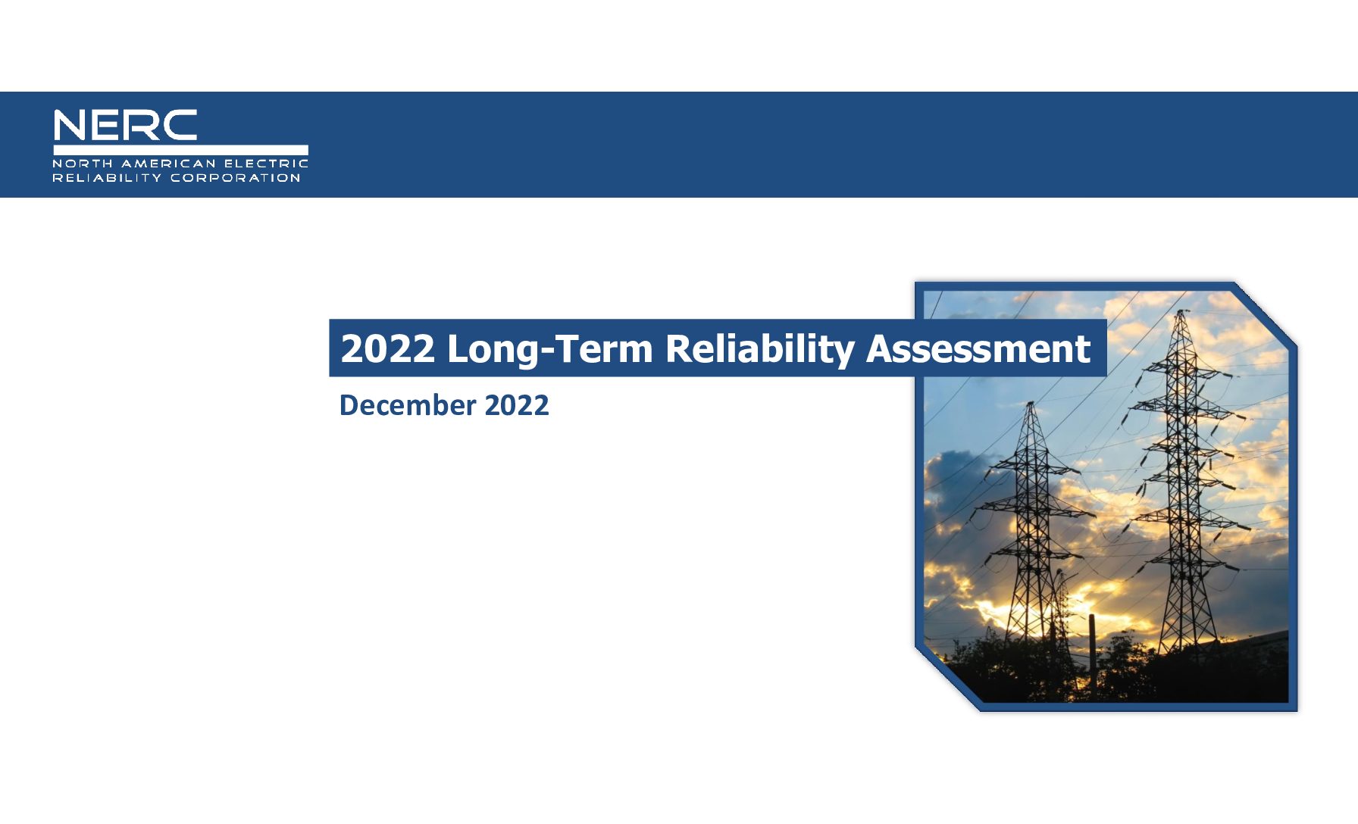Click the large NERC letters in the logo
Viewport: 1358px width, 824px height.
click(x=125, y=125)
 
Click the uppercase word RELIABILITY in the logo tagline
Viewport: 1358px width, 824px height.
click(x=107, y=178)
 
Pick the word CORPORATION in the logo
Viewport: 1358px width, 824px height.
click(x=236, y=178)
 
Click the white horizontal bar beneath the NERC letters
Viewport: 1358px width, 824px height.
click(x=180, y=150)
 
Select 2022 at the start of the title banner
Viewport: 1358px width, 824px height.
click(x=388, y=348)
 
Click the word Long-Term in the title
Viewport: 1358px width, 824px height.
click(x=550, y=348)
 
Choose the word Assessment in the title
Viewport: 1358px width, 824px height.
click(x=978, y=348)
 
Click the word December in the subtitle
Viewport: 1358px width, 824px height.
click(x=407, y=405)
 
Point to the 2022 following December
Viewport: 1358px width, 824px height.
click(x=517, y=405)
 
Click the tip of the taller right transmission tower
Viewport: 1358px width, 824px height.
click(x=1179, y=310)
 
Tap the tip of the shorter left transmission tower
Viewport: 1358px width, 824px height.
click(x=1031, y=402)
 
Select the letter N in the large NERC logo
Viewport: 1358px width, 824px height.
click(x=70, y=125)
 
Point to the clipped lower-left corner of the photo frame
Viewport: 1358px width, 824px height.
click(x=947, y=679)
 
